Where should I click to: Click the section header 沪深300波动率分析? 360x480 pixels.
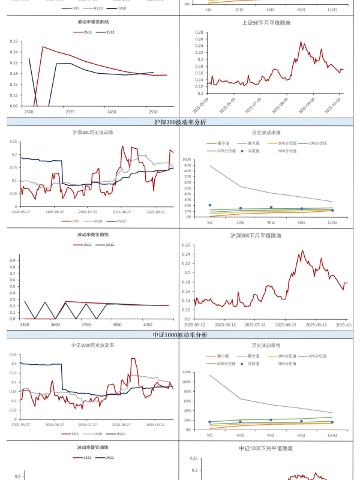pyautogui.click(x=180, y=122)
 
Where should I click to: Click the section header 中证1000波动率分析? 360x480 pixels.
pyautogui.click(x=180, y=335)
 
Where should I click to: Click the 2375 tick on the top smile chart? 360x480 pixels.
pyautogui.click(x=70, y=112)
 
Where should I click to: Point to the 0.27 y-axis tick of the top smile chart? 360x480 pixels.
pyautogui.click(x=14, y=41)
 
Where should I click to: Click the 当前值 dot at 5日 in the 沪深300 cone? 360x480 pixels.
pyautogui.click(x=209, y=205)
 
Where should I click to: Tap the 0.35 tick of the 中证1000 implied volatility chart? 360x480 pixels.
pyautogui.click(x=193, y=458)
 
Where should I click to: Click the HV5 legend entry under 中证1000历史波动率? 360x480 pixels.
pyautogui.click(x=73, y=434)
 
